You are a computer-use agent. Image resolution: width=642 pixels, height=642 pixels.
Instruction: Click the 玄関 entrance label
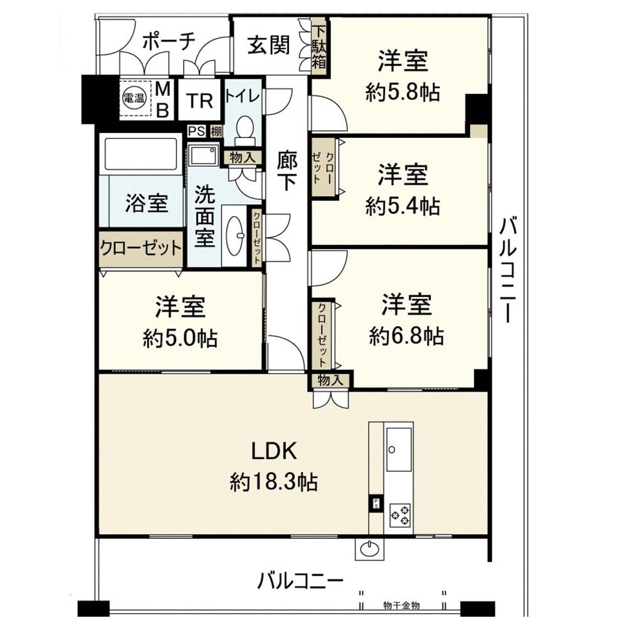269,45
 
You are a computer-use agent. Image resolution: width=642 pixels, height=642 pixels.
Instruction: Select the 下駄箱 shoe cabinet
319,46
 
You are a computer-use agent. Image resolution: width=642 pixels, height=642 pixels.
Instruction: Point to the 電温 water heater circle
134,98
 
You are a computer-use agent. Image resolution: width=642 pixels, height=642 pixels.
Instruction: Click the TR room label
200,101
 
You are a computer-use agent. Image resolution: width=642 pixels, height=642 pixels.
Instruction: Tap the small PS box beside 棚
196,132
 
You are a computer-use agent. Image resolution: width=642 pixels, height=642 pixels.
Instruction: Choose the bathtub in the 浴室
140,154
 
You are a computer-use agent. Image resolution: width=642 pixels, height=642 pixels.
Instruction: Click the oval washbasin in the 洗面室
234,236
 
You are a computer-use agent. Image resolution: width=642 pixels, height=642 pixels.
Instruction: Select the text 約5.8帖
403,93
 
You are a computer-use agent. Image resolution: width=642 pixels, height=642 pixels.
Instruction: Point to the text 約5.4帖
403,206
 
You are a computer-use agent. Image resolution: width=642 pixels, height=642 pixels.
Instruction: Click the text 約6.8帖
406,336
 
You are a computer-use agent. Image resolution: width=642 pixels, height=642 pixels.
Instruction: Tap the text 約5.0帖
180,339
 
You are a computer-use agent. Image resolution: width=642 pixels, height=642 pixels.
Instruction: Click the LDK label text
273,452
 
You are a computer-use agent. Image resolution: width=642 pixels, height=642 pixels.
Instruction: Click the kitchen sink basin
399,450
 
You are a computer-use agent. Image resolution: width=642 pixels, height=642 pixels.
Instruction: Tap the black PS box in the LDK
375,503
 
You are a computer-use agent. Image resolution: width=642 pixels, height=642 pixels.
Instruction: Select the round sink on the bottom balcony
370,549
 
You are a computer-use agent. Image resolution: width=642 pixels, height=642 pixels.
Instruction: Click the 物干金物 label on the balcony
401,606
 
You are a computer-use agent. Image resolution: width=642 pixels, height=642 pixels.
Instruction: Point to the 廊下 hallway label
286,171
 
